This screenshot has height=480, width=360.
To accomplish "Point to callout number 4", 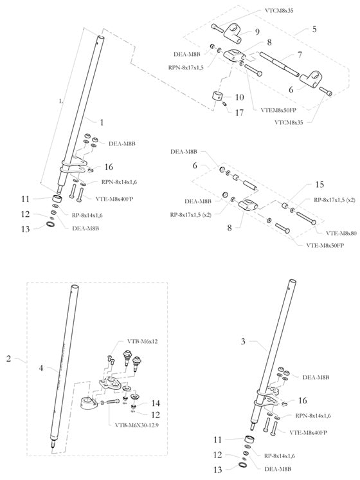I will [x=42, y=369].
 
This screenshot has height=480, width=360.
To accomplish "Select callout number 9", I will [x=258, y=31].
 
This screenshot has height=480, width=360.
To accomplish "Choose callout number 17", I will [x=239, y=112].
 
